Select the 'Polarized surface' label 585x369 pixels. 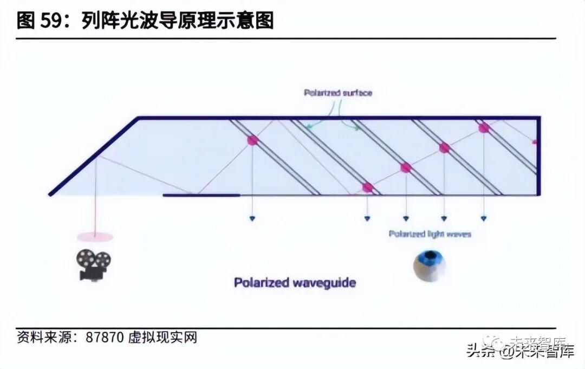338,93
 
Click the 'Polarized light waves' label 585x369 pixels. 430,234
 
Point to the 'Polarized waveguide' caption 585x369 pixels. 295,283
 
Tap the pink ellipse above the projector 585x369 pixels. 95,237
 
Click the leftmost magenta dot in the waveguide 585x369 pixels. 252,140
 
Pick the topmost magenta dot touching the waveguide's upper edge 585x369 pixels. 483,128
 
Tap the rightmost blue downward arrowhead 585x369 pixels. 484,218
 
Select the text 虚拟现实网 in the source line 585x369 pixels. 162,338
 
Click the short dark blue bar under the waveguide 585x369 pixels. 201,195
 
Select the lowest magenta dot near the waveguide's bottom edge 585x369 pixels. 368,187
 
